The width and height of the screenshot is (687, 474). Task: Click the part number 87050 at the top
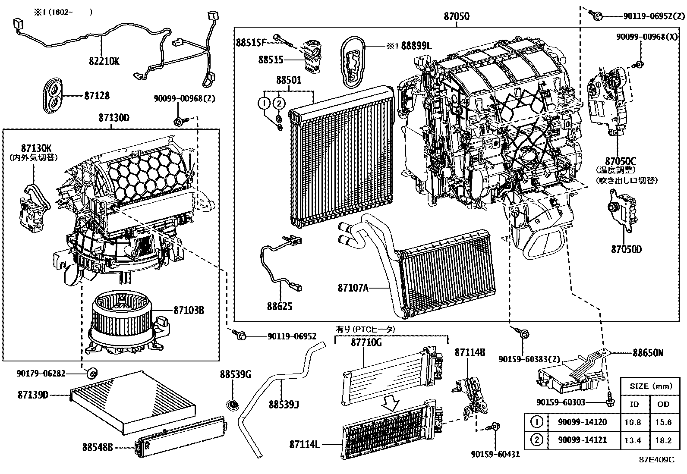point(456,16)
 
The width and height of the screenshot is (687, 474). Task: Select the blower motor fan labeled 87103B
point(121,319)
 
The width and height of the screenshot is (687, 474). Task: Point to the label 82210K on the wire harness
point(104,61)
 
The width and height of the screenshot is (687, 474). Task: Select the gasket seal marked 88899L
point(352,60)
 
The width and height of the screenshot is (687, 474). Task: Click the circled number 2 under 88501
point(279,103)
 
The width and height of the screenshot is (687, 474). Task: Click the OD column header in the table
point(663,404)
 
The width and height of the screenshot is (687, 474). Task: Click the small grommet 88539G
point(233,405)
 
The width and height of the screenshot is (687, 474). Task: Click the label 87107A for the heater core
point(353,288)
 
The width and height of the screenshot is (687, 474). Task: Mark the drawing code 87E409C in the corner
point(656,460)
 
